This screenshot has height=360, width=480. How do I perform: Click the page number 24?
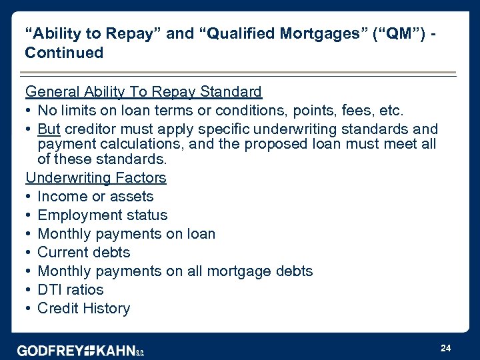point(445,348)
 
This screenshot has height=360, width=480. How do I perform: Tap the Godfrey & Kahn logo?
point(81,350)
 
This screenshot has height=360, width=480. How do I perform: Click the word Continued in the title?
point(64,53)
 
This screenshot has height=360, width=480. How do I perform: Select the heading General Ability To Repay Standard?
point(143,91)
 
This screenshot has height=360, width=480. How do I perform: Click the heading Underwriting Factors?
point(95,178)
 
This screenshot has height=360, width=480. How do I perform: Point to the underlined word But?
point(49,129)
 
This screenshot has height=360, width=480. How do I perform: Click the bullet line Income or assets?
point(95,197)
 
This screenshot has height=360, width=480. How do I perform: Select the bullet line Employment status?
point(102,215)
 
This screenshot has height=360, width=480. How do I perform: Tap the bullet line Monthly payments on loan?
point(126,234)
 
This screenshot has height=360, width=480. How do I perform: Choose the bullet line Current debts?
point(84,253)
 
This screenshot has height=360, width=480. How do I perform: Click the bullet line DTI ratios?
point(71,290)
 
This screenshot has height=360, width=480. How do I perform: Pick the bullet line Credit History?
point(84,309)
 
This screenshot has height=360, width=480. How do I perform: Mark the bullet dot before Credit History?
point(29,309)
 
